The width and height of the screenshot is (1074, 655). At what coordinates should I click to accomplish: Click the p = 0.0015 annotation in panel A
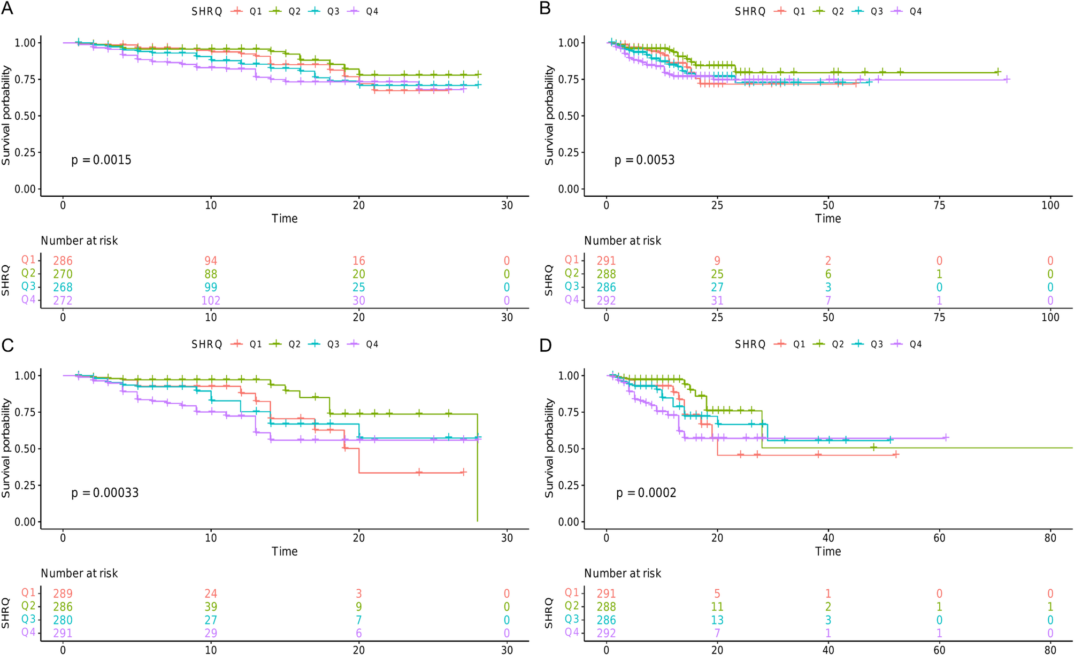[101, 160]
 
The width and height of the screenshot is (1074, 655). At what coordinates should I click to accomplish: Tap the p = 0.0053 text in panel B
[645, 160]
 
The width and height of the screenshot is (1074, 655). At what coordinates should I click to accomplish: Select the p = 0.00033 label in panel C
[105, 493]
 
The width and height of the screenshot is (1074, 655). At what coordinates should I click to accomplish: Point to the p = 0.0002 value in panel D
[646, 493]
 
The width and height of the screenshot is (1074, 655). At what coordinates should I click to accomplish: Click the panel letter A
[7, 9]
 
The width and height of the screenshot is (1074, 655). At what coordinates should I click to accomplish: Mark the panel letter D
[545, 345]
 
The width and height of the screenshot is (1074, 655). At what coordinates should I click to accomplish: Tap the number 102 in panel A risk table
[211, 300]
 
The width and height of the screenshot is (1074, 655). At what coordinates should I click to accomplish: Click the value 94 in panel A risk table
[211, 261]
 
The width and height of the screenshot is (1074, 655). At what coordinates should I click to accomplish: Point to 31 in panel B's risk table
[717, 300]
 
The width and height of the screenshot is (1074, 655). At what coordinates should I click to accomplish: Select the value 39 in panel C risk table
[211, 607]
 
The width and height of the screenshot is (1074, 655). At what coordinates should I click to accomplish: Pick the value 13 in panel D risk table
[717, 620]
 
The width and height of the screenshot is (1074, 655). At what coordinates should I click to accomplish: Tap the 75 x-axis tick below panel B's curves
[939, 205]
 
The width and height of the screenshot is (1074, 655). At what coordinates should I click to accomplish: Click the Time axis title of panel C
[285, 551]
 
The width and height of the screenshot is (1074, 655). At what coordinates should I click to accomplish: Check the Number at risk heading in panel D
[623, 574]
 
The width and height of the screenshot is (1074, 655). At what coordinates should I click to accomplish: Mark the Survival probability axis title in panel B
[549, 115]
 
